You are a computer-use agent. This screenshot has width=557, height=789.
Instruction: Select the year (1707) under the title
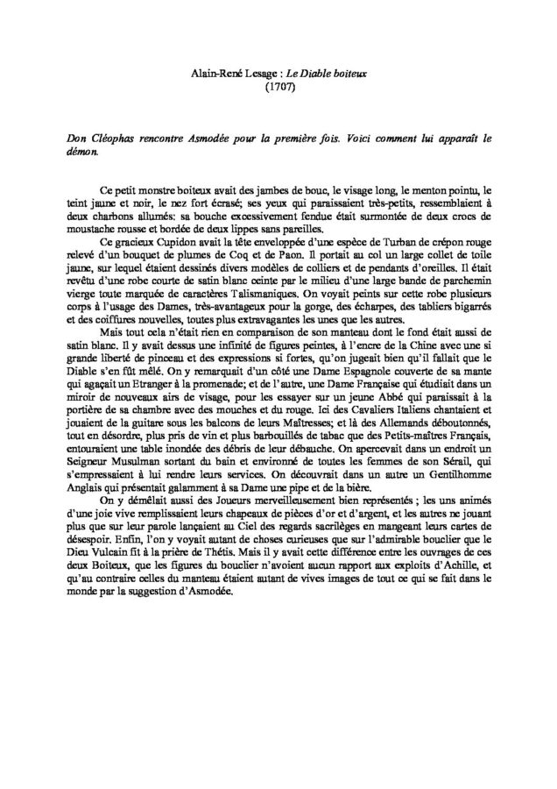click(278, 88)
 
